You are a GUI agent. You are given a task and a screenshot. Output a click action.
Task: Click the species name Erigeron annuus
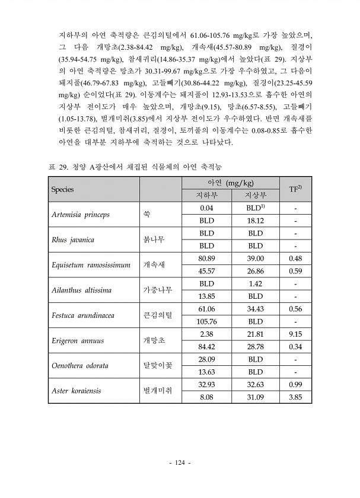point(77,341)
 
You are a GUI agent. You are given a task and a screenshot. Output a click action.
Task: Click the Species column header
point(62,189)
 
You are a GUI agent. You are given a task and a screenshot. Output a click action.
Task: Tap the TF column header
point(295,189)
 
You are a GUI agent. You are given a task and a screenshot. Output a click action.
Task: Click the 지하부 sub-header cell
point(206,196)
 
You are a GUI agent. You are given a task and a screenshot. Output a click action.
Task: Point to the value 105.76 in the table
point(206,322)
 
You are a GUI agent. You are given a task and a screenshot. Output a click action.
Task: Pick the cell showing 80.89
point(206,258)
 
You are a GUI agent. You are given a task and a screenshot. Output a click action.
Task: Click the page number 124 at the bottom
point(180,462)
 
